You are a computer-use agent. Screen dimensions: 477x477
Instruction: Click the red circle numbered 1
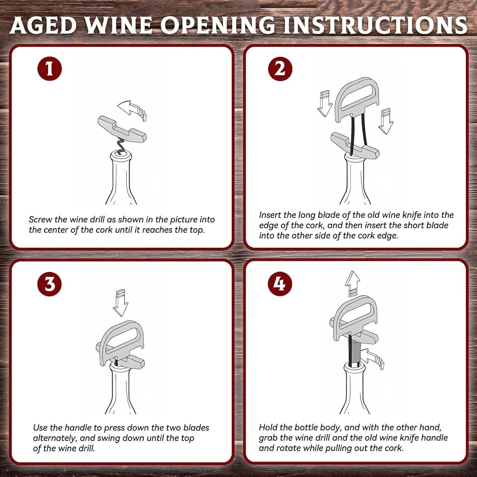coord(49,68)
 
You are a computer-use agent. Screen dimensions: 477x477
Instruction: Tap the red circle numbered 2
coord(280,68)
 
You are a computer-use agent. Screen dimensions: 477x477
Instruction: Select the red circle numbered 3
coord(50,284)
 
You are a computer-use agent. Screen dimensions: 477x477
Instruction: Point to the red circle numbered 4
coord(280,284)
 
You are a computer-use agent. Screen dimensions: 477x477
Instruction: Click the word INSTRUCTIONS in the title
coord(375,25)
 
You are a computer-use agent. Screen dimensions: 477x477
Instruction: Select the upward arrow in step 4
coord(353,283)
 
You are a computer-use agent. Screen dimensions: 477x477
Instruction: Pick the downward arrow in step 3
coord(121,303)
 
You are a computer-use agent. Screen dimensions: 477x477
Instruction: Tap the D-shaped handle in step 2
coord(357,99)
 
